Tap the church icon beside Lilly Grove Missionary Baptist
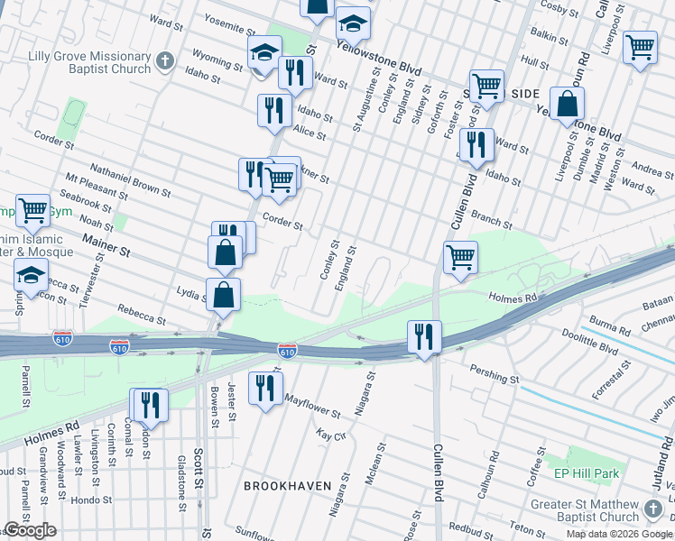164,61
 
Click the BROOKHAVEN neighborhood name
288,486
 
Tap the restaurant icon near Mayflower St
264,390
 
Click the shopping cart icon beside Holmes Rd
460,257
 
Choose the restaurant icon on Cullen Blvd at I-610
422,337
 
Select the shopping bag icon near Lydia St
223,294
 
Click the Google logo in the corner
30,530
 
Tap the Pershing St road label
495,373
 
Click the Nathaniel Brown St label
130,179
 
